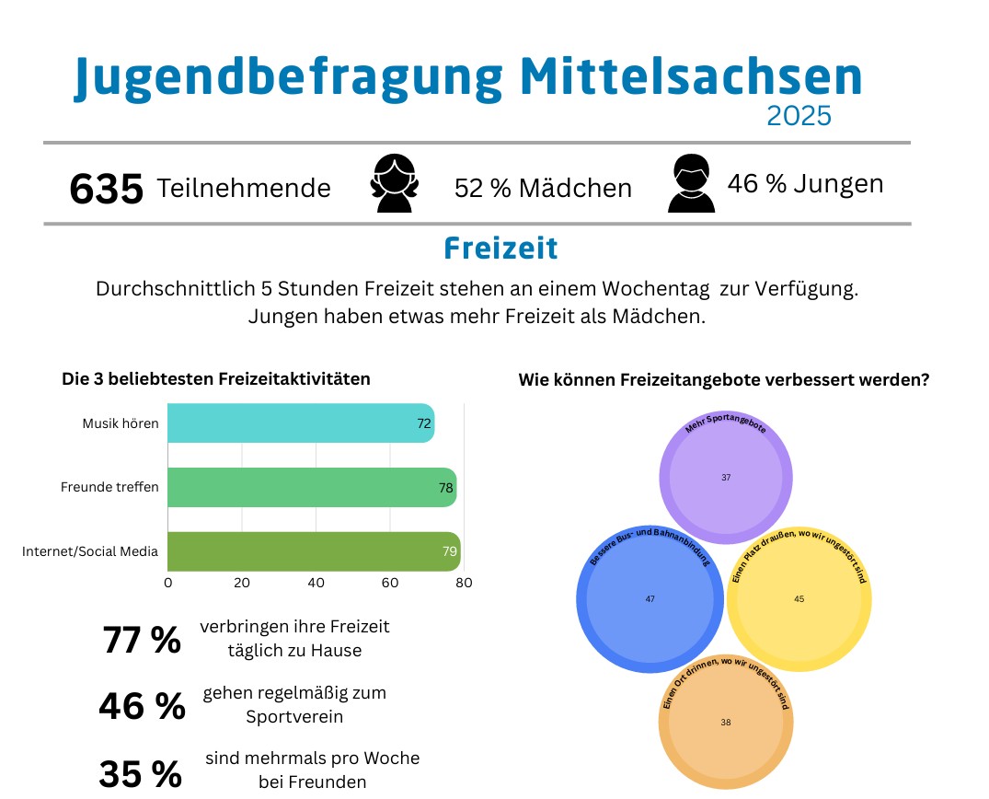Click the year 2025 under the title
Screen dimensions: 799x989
coord(799,116)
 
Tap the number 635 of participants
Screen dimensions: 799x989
coord(107,190)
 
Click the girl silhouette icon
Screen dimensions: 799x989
coord(394,184)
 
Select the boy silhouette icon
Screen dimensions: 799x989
coord(691,184)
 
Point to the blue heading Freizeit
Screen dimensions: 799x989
coord(500,249)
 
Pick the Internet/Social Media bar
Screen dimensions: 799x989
coord(313,551)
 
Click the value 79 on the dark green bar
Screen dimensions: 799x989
coord(450,552)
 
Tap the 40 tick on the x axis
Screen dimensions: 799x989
coord(316,583)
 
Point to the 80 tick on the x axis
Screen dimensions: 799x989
coord(464,583)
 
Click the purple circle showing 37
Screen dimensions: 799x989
coord(726,478)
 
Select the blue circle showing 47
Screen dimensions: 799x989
coord(650,599)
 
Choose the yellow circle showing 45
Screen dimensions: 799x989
coord(799,599)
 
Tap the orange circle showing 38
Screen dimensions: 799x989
coord(726,723)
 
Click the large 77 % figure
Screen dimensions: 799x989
coord(142,640)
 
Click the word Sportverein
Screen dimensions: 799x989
coord(293,716)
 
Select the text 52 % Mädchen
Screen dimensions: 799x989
coord(543,189)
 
